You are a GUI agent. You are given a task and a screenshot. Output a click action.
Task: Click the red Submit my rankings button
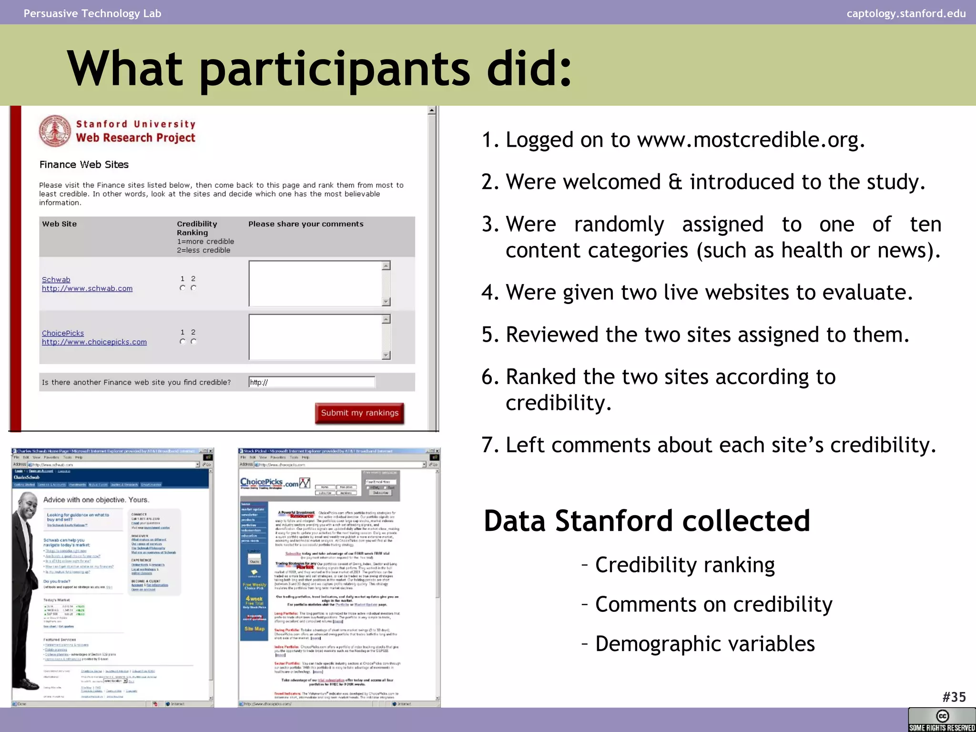(x=359, y=413)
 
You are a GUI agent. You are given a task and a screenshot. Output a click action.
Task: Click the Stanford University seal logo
(x=55, y=131)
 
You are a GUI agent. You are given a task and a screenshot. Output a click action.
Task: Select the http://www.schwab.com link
(x=87, y=288)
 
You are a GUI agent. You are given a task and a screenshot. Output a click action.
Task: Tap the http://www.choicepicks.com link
(x=94, y=342)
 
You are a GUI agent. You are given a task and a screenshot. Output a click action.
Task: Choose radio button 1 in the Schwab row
(x=183, y=288)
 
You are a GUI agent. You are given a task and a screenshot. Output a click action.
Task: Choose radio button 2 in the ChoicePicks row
(x=193, y=341)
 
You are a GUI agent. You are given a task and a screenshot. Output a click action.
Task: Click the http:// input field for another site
(x=312, y=382)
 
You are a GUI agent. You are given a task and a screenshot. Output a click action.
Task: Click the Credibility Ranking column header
(x=197, y=228)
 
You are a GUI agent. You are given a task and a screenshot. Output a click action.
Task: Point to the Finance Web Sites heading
(x=84, y=164)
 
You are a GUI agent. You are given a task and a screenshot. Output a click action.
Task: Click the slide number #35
(x=954, y=697)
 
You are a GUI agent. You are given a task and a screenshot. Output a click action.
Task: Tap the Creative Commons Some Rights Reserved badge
(x=942, y=720)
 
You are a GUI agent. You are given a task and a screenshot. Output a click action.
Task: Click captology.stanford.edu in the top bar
(x=906, y=13)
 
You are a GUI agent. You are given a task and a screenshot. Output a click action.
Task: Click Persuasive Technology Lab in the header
(x=92, y=13)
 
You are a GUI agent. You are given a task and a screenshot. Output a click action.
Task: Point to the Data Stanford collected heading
(x=647, y=521)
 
